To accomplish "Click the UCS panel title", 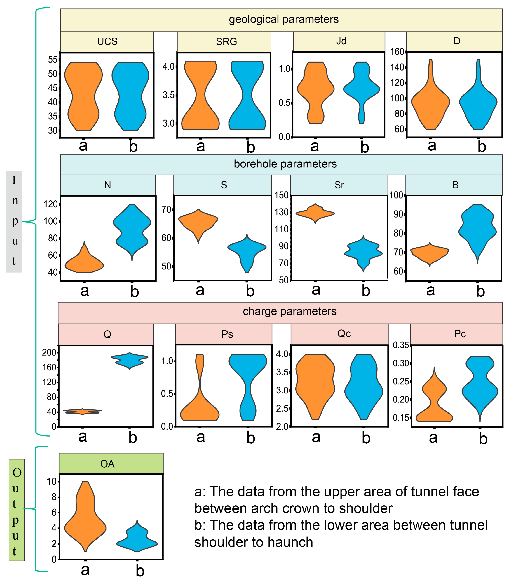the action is click(107, 42).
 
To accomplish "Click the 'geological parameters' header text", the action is click(284, 19).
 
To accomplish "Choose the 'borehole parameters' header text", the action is click(285, 164).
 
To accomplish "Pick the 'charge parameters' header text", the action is click(290, 311).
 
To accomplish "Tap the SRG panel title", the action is click(227, 42).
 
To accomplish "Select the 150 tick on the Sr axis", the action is click(281, 195).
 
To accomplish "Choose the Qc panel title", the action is click(344, 334).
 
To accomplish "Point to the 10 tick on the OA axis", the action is click(52, 482).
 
